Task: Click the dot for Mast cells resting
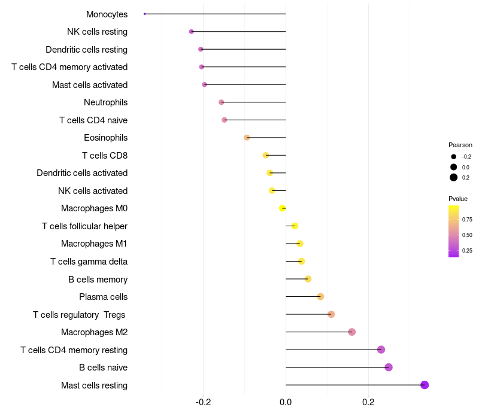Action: click(425, 385)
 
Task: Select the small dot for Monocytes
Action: click(145, 14)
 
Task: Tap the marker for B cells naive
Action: click(389, 367)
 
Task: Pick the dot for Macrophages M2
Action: click(351, 332)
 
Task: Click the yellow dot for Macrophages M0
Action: click(282, 208)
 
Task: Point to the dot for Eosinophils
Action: click(247, 138)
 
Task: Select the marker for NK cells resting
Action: click(192, 31)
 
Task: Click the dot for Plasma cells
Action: click(320, 297)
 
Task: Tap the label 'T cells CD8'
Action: click(105, 156)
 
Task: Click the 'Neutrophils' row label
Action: click(105, 102)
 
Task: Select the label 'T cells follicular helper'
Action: click(84, 226)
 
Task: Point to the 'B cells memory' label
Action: click(98, 279)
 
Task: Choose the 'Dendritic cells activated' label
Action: click(82, 173)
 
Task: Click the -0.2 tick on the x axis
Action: click(203, 402)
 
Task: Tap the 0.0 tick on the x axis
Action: click(286, 402)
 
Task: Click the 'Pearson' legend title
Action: click(460, 145)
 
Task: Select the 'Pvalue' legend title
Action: click(458, 199)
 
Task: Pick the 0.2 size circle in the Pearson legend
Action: click(454, 177)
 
